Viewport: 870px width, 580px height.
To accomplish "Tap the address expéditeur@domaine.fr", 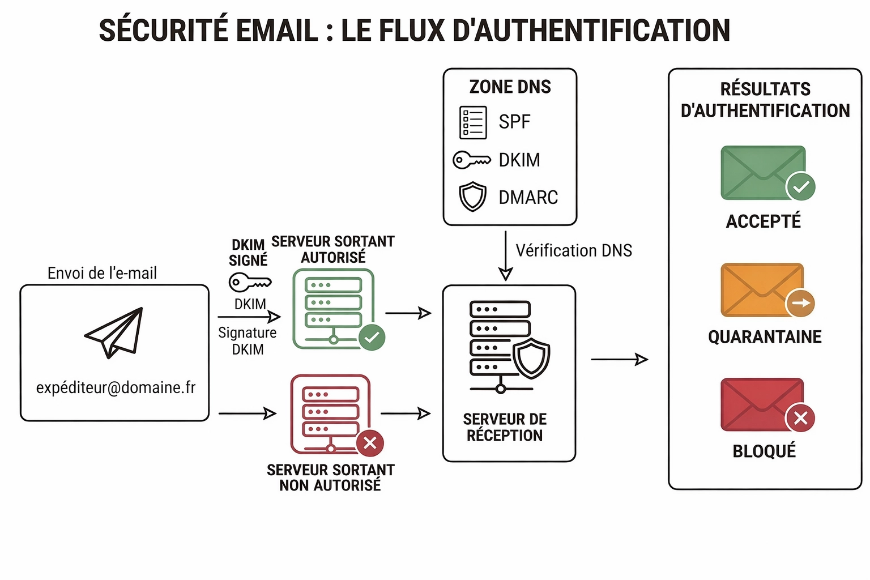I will [116, 388].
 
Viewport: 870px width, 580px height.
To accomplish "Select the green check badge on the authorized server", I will [372, 338].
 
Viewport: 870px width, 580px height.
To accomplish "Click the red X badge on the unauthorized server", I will [370, 443].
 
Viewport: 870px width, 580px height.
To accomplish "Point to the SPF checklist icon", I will [473, 122].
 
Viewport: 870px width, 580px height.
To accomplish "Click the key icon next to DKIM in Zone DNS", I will [471, 160].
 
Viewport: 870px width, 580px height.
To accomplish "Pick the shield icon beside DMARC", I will [472, 197].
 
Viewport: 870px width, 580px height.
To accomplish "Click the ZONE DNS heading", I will [510, 87].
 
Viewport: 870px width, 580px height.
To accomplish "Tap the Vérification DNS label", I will [573, 251].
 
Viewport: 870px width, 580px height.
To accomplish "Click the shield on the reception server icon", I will [531, 358].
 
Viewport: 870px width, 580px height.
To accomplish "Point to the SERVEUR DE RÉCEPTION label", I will [505, 427].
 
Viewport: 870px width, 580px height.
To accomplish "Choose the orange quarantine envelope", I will [762, 289].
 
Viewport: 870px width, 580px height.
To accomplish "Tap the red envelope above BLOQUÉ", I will [762, 404].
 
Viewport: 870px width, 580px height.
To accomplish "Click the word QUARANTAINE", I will [765, 337].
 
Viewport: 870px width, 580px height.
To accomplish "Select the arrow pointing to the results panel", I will [619, 359].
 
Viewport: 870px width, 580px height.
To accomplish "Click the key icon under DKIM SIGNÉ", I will [250, 282].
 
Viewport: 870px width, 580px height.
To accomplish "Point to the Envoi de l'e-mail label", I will [102, 274].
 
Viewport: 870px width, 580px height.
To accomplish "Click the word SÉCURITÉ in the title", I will [163, 31].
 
